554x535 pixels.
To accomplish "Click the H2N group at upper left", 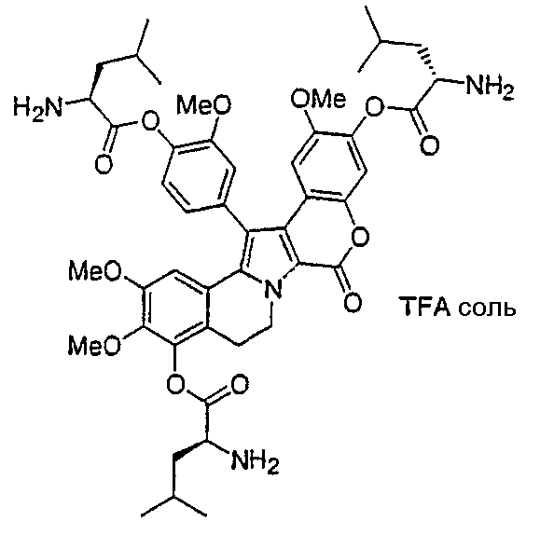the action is pyautogui.click(x=37, y=107).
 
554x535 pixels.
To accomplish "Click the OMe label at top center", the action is pyautogui.click(x=318, y=98).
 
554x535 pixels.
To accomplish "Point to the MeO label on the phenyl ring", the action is pyautogui.click(x=204, y=104).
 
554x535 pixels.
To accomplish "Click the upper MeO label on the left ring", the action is pyautogui.click(x=95, y=271).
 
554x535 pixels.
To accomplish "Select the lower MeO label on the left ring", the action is pyautogui.click(x=95, y=345).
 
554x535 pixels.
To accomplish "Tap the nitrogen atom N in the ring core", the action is pyautogui.click(x=273, y=290).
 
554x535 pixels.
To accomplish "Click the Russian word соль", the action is pyautogui.click(x=487, y=309).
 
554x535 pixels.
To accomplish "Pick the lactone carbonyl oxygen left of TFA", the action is pyautogui.click(x=353, y=302).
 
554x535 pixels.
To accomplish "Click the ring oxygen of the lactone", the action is pyautogui.click(x=360, y=237).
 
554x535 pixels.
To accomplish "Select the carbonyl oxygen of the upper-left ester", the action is pyautogui.click(x=104, y=164).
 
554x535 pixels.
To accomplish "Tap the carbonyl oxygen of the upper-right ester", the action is pyautogui.click(x=429, y=144).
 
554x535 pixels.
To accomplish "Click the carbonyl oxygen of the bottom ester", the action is pyautogui.click(x=239, y=385).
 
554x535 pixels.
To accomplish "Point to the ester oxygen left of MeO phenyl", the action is pyautogui.click(x=150, y=120).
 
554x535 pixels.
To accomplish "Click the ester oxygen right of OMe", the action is pyautogui.click(x=375, y=107).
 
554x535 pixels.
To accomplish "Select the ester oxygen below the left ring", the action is pyautogui.click(x=175, y=384).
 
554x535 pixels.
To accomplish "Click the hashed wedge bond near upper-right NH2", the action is pyautogui.click(x=428, y=62).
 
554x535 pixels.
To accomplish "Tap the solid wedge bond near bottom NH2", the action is pyautogui.click(x=190, y=449).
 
